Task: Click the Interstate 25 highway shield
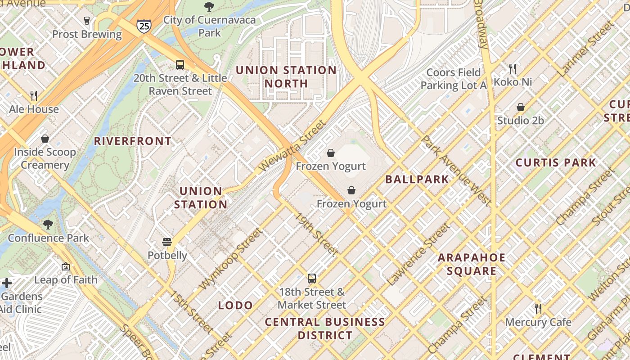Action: click(x=144, y=26)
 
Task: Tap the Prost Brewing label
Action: click(x=87, y=34)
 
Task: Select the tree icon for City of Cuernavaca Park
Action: click(x=209, y=7)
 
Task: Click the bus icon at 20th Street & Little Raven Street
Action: click(x=180, y=65)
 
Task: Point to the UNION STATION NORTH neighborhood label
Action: click(x=286, y=77)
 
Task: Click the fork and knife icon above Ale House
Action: click(x=34, y=95)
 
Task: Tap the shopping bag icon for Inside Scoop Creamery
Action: click(x=45, y=139)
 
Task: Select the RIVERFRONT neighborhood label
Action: click(x=133, y=141)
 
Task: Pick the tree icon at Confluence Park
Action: click(x=48, y=224)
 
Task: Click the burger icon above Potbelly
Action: click(x=167, y=242)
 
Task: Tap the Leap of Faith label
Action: click(x=66, y=280)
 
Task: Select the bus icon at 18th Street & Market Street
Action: click(x=312, y=279)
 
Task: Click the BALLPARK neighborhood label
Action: click(x=417, y=180)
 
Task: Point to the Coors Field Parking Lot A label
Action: click(x=454, y=79)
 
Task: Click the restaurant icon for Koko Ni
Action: click(x=513, y=69)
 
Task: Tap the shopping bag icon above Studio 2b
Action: click(x=521, y=107)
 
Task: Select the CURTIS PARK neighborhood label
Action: click(x=556, y=162)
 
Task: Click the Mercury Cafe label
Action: click(x=538, y=322)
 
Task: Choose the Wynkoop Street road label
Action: click(x=230, y=259)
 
